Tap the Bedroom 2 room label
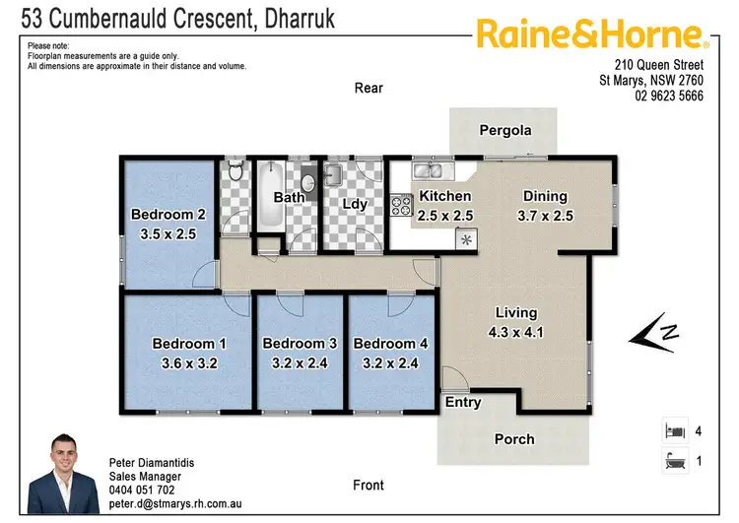click(168, 215)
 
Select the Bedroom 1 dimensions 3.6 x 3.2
click(189, 362)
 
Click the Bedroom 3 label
click(300, 344)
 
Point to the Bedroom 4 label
click(390, 344)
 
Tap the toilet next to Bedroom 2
click(234, 175)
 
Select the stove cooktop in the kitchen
click(401, 206)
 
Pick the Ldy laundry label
click(354, 205)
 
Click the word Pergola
click(504, 130)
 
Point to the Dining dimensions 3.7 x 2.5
click(545, 216)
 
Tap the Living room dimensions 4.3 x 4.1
click(515, 333)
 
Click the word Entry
click(463, 402)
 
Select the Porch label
click(513, 439)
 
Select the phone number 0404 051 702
click(142, 490)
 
